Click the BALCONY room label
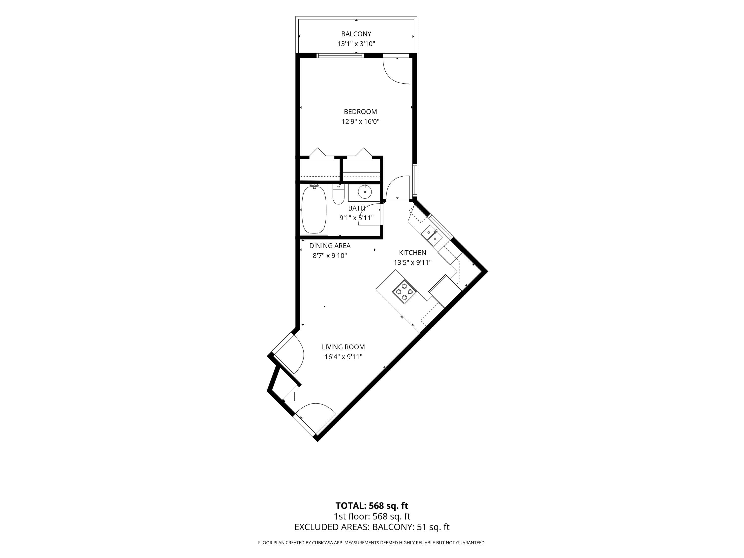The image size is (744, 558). (356, 34)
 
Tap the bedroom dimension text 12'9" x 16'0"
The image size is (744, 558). (361, 122)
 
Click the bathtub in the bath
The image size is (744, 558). (314, 210)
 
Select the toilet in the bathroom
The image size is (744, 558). (338, 194)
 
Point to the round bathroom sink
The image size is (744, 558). (365, 192)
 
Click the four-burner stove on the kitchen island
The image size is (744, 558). (404, 292)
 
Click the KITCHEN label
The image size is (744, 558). (413, 253)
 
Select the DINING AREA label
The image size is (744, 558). (330, 246)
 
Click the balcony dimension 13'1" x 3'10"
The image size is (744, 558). (356, 44)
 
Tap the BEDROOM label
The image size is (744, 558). (361, 112)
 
